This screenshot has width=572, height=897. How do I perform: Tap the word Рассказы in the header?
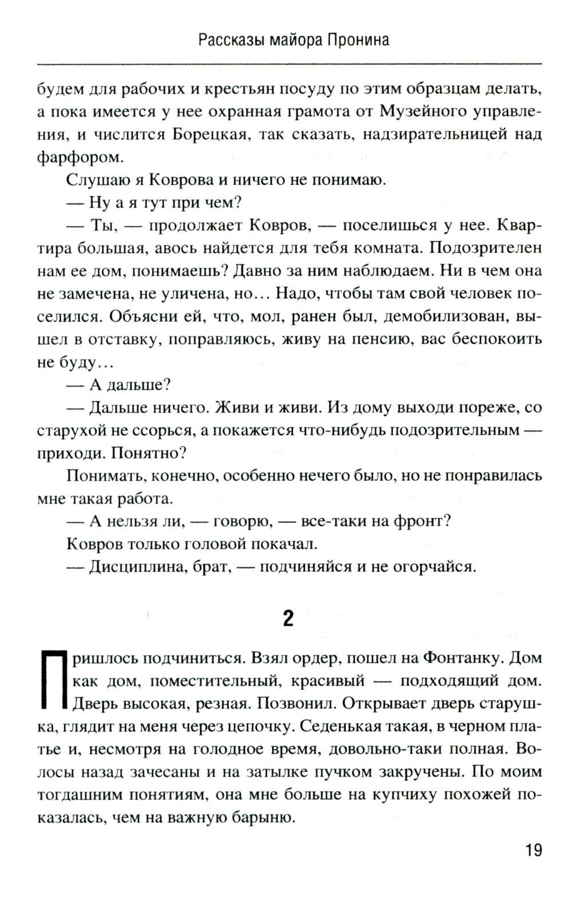pyautogui.click(x=224, y=40)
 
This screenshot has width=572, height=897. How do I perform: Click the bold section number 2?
pyautogui.click(x=288, y=618)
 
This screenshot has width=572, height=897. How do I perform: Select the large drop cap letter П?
pyautogui.click(x=50, y=680)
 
